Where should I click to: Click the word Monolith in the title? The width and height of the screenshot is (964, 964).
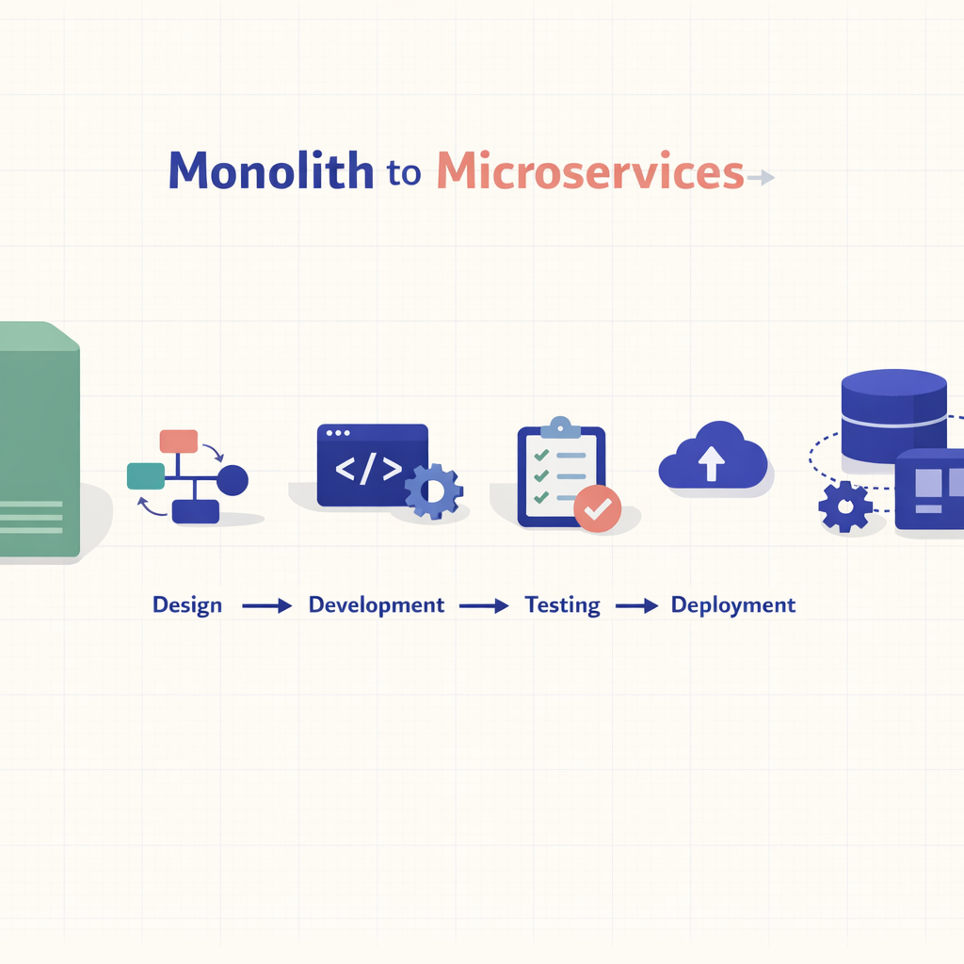point(271,171)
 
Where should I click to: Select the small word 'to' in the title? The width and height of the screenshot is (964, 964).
point(404,175)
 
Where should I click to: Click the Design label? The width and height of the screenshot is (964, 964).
point(187,605)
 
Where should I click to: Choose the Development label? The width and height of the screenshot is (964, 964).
point(377,605)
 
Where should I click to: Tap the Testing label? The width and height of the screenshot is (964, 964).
point(562,605)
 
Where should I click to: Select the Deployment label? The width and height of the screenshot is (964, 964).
point(733,605)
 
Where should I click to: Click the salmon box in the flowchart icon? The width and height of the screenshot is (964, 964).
point(179,441)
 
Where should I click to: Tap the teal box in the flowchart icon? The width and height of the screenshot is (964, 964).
point(145,476)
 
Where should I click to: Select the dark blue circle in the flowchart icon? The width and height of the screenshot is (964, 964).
point(233,480)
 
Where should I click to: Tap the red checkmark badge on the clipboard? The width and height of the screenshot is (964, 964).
point(597,508)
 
